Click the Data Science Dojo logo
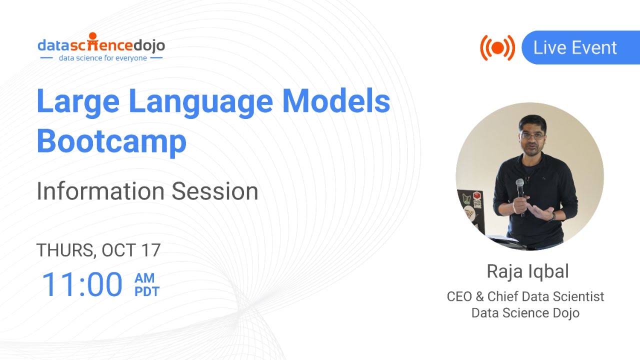click(101, 44)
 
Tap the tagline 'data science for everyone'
click(102, 58)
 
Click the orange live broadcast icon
click(497, 48)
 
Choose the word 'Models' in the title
click(336, 101)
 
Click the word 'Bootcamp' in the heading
click(111, 141)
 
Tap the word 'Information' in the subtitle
click(100, 191)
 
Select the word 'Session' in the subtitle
click(215, 191)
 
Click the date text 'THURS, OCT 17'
click(98, 250)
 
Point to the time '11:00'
click(82, 284)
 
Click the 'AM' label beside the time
click(144, 278)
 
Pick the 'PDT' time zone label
click(146, 291)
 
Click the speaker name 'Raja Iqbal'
click(527, 271)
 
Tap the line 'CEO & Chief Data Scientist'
click(525, 296)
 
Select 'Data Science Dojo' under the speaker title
click(525, 313)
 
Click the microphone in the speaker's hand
click(520, 192)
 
